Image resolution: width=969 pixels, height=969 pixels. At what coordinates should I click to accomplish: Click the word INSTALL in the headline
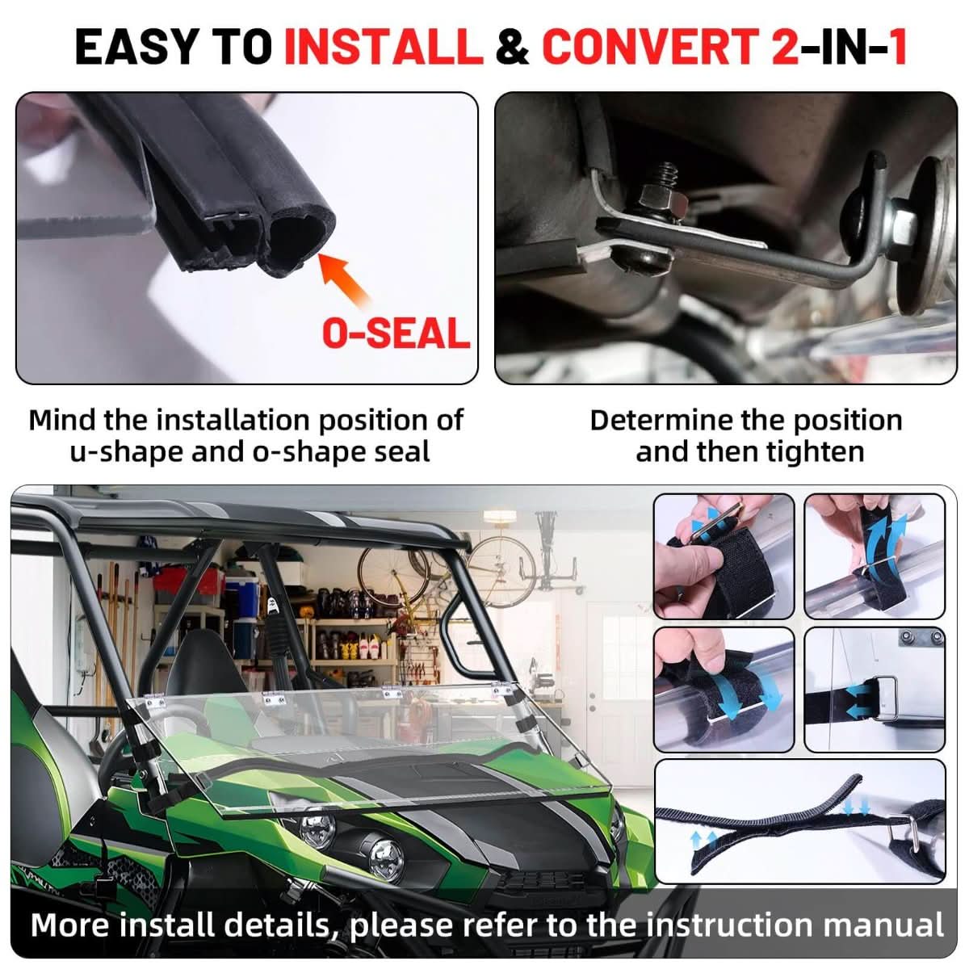[x=384, y=46]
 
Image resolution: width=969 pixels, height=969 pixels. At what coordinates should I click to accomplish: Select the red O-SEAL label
[x=396, y=333]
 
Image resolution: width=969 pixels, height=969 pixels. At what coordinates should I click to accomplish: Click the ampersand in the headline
[x=512, y=47]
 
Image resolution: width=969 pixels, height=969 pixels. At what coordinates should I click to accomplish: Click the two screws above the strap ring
[x=923, y=638]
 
